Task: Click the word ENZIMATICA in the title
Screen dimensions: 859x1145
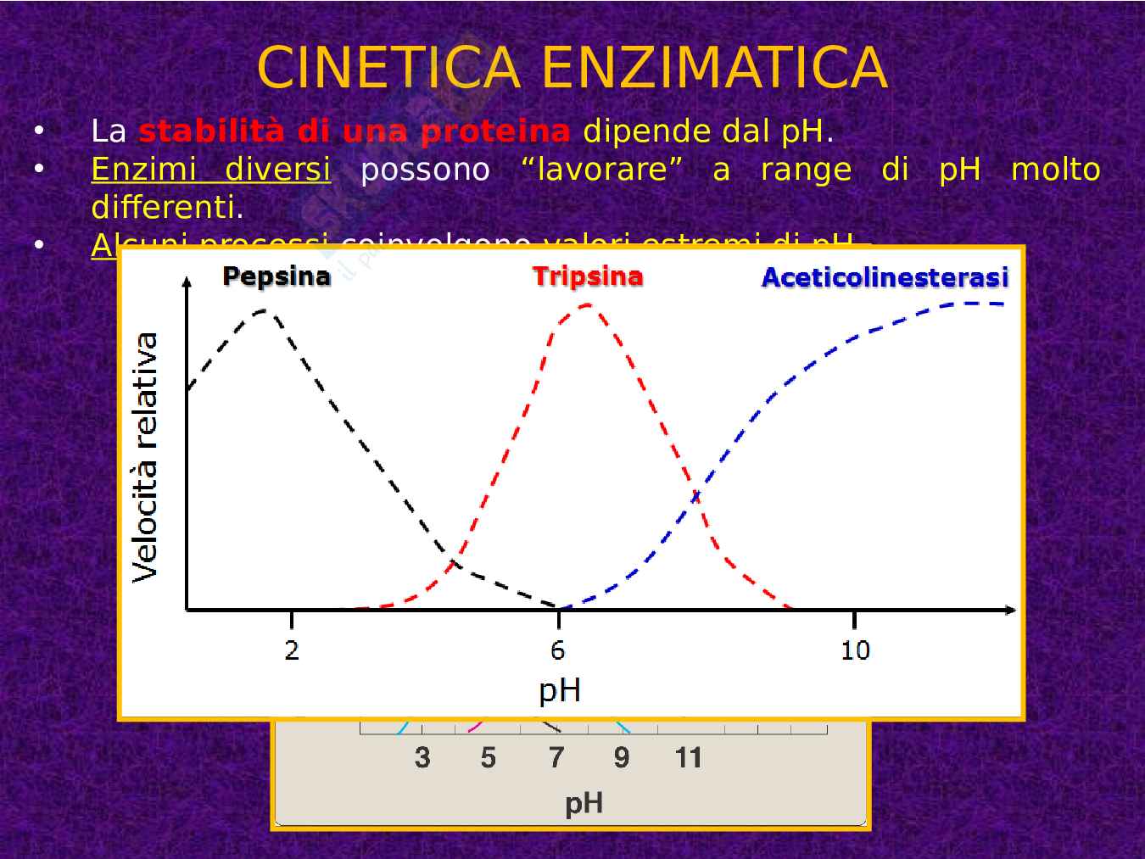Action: (x=714, y=68)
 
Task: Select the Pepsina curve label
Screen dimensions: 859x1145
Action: (x=276, y=276)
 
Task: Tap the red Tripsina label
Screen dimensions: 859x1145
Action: (x=588, y=276)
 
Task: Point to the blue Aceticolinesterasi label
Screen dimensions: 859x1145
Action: (x=885, y=277)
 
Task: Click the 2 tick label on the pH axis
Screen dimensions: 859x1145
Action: (x=292, y=650)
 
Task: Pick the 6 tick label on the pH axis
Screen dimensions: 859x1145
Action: (x=557, y=650)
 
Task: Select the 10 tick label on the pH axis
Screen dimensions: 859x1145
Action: (x=855, y=650)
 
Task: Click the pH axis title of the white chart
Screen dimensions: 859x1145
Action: (x=560, y=690)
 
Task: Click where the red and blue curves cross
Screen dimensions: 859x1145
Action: (x=695, y=496)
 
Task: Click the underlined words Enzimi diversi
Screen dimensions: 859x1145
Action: (x=210, y=169)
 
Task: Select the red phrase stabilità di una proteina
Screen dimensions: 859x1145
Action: (x=354, y=131)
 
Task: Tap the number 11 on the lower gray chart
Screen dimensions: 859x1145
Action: (x=688, y=757)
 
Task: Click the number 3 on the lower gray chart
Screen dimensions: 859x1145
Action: (x=422, y=757)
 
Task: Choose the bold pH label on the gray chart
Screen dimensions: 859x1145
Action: (x=584, y=802)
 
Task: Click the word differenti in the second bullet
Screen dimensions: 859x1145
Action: (x=166, y=207)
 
